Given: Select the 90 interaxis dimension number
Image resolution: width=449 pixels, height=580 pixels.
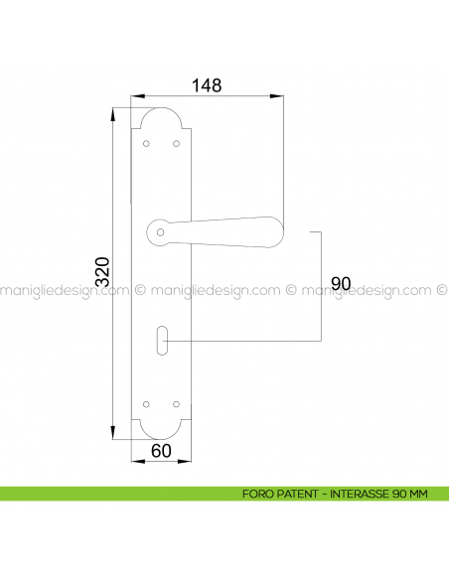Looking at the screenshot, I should point(341,283).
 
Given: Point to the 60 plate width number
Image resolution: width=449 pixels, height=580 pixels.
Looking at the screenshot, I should point(161,451).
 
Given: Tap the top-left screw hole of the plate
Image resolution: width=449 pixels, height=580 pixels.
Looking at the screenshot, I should point(147,145).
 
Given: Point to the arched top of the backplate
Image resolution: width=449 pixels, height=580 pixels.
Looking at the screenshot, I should point(162,112).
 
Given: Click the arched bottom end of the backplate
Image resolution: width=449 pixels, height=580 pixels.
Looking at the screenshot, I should point(162,432).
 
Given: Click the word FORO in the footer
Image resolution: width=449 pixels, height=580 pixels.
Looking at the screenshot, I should point(256,494).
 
